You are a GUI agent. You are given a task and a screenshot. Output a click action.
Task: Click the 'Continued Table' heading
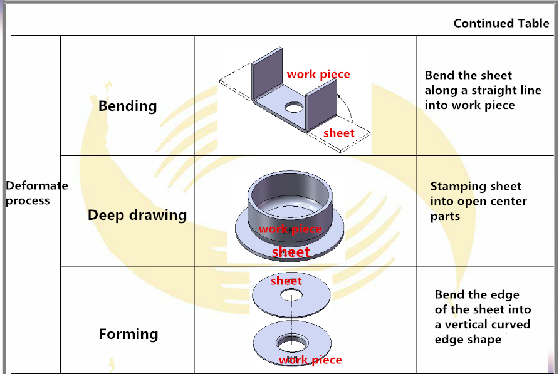[501, 24]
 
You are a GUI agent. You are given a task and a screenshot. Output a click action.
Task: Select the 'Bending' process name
[127, 106]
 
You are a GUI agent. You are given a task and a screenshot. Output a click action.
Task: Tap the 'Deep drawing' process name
[137, 216]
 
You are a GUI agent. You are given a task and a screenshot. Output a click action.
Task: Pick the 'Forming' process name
[128, 334]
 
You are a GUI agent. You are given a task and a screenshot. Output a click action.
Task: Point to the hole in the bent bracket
[293, 108]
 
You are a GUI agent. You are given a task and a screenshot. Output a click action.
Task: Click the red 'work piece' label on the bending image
[318, 74]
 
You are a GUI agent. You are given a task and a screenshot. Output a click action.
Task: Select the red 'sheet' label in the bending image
[339, 133]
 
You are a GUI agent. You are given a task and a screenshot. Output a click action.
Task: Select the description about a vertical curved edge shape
[483, 317]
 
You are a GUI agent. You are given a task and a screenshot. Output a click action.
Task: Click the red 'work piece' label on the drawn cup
[290, 229]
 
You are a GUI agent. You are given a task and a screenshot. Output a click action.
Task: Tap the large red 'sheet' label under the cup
[291, 252]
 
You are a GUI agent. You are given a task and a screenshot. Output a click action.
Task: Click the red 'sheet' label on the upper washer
[286, 281]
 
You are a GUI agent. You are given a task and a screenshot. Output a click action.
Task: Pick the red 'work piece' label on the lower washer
[310, 360]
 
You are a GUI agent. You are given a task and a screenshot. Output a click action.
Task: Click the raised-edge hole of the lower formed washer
[293, 343]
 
